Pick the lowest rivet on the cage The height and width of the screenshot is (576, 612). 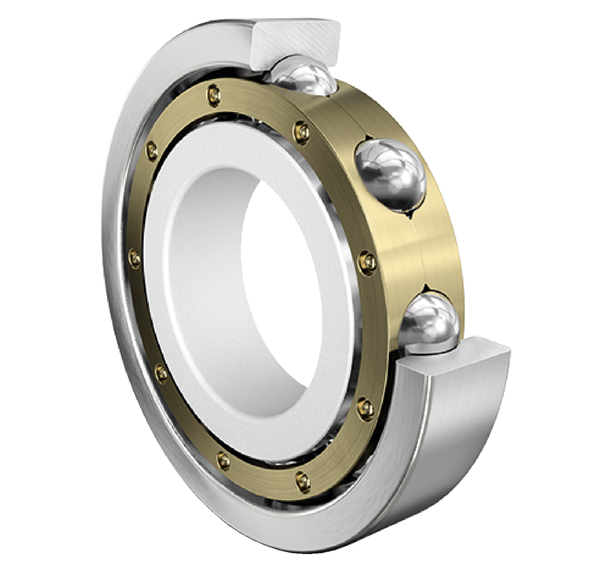(301, 479)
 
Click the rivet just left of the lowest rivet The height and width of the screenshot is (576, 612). (223, 460)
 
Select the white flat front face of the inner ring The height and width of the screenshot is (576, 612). (192, 288)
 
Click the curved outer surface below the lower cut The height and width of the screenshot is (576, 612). (460, 432)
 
